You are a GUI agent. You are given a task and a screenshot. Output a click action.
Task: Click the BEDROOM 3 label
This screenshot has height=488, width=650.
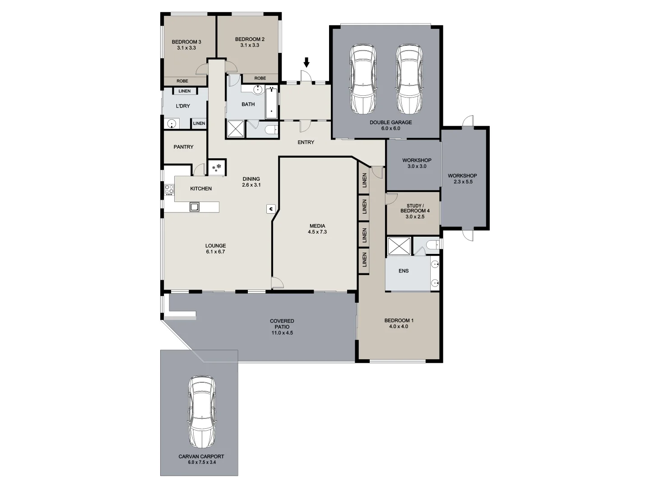tap(186, 42)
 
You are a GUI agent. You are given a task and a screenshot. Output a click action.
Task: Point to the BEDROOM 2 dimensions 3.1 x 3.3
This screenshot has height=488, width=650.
tap(250, 45)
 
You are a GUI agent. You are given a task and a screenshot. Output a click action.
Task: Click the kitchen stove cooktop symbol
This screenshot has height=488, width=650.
tap(169, 190)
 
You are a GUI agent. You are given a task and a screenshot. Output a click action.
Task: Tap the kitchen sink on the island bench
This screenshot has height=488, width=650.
tap(195, 207)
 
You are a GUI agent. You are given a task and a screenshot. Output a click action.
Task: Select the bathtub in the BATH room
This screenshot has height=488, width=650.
tap(271, 102)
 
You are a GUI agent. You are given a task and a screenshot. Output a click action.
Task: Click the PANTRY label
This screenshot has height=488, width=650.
tap(183, 147)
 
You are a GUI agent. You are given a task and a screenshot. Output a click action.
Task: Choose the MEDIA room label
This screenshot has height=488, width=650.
tap(317, 226)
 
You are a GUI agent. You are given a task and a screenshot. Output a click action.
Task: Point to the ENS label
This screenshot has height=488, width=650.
tap(404, 271)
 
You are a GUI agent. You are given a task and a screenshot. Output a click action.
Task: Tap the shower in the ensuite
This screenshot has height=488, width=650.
tap(399, 247)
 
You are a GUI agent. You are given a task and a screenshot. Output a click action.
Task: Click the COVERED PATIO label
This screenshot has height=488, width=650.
tap(282, 324)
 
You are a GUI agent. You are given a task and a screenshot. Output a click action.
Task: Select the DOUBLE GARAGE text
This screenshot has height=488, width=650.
tap(390, 122)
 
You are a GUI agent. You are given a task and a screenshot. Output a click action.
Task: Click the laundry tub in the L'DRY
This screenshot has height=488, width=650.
tap(172, 123)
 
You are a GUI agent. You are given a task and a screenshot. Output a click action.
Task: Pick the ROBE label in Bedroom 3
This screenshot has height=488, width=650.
tap(182, 81)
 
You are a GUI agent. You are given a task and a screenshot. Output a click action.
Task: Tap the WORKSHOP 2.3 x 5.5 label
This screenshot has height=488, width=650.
tap(462, 178)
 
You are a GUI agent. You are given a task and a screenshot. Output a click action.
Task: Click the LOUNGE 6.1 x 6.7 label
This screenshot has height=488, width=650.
tap(215, 249)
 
